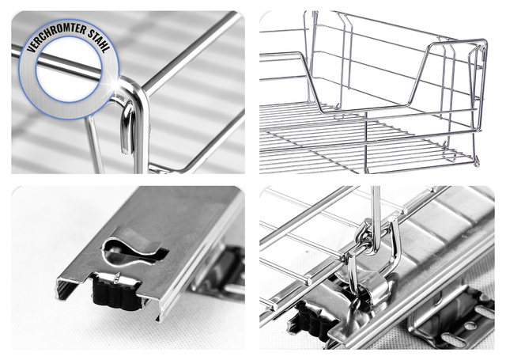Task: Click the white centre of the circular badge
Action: tap(69, 70)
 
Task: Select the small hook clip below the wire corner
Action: tap(127, 128)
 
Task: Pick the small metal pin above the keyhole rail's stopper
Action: tap(117, 278)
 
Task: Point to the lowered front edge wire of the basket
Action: tap(364, 110)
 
